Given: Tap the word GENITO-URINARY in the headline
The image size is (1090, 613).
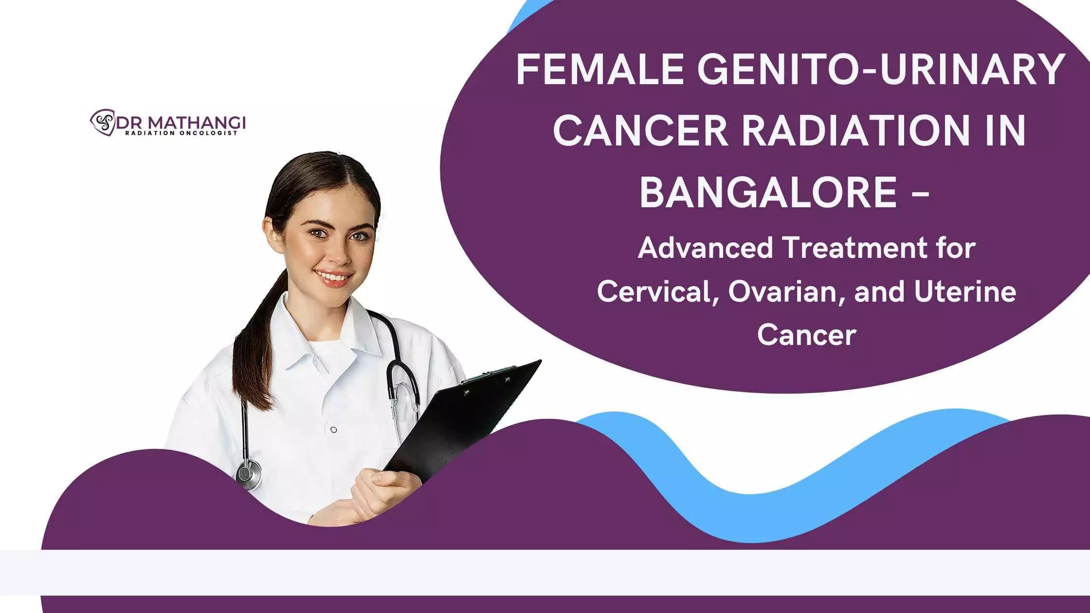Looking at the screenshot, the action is [881, 69].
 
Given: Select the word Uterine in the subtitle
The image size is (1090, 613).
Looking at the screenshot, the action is [965, 292].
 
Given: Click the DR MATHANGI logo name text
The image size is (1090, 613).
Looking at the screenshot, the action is [180, 122].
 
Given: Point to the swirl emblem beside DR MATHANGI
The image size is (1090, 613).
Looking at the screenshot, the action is [102, 122].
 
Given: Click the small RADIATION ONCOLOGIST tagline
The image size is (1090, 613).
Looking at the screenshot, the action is [182, 133].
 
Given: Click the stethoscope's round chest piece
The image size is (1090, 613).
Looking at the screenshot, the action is [249, 474].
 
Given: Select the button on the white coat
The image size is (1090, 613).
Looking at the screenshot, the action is [333, 430].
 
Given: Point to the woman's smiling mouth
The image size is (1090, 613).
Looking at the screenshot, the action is [333, 277].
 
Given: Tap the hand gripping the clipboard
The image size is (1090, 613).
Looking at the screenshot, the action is [384, 494].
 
